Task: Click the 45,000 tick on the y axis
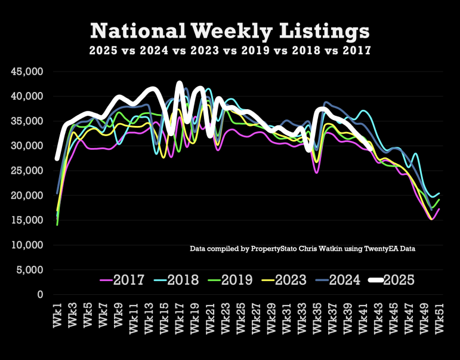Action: [x=27, y=72]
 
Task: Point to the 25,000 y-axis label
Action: [x=27, y=171]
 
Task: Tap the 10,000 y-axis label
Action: [x=27, y=245]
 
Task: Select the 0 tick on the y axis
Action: [x=41, y=295]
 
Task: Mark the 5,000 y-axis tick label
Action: [x=30, y=270]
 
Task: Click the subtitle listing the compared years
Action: [x=230, y=51]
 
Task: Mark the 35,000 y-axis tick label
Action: [x=27, y=121]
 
